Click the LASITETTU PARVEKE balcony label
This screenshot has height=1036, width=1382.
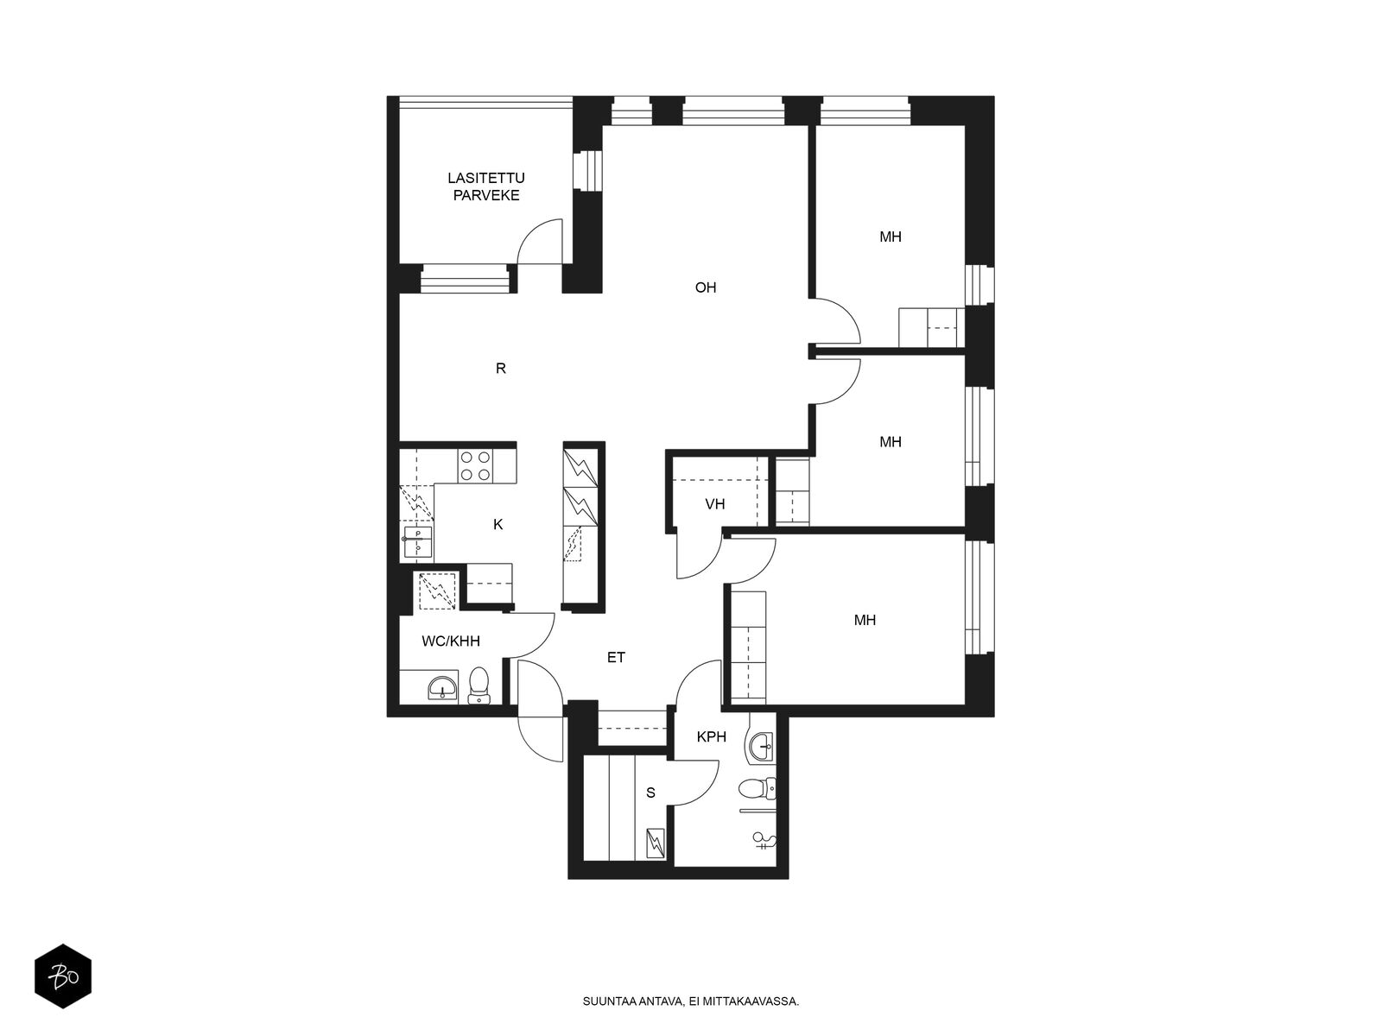[x=486, y=186]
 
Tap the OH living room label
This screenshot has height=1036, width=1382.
[x=705, y=287]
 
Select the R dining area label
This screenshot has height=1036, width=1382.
[x=500, y=369]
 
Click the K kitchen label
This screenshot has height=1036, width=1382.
[x=498, y=525]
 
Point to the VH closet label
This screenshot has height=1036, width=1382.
[x=714, y=504]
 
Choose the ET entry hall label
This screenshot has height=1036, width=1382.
[x=616, y=657]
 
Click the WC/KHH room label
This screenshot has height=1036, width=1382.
[x=451, y=641]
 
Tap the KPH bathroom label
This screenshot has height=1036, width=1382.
[x=712, y=736]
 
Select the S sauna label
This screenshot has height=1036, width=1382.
[x=650, y=793]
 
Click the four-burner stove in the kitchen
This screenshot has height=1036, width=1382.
[x=475, y=466]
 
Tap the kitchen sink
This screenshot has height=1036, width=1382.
[x=417, y=544]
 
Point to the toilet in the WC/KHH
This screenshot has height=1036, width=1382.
[x=479, y=685]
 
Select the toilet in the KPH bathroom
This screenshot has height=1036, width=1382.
[x=757, y=787]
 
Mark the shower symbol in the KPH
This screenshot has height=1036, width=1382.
[x=765, y=838]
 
